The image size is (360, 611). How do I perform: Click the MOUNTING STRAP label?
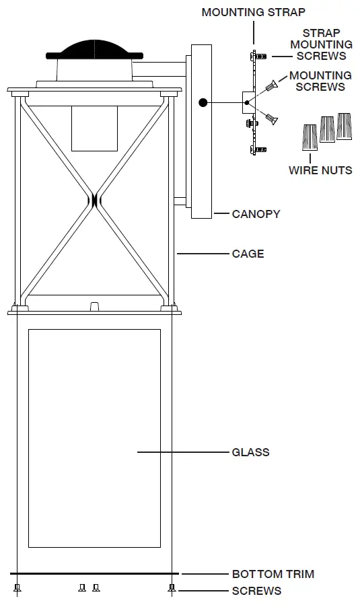coord(253,12)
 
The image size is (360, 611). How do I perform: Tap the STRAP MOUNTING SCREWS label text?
coord(321,44)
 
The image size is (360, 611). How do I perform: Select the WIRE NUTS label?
coord(320,170)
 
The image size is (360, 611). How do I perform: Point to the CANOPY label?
coord(256,214)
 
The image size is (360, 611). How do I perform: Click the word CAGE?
coord(248,254)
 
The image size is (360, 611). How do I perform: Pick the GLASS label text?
coord(250,452)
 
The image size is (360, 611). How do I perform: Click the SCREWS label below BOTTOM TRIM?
coord(256,591)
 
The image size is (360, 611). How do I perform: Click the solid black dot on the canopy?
coord(203,103)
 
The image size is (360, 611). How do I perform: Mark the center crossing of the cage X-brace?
coord(94,200)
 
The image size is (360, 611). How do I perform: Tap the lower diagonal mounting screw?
coord(271,118)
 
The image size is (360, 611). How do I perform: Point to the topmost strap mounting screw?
coord(261,58)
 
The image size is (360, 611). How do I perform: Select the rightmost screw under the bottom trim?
coord(172,587)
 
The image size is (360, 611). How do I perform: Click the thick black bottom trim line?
coord(94,574)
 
